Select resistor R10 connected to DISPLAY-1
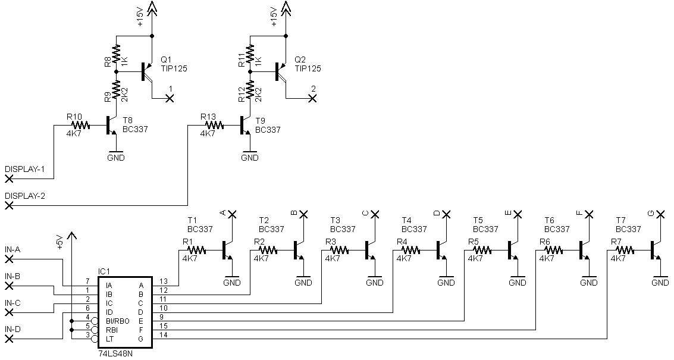[80, 125]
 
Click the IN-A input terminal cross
[9, 259]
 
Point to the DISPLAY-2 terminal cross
[9, 206]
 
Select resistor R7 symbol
[625, 250]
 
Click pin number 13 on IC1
[164, 281]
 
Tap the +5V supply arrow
[71, 236]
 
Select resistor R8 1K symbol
[115, 54]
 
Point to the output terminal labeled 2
[312, 99]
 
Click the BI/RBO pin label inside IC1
[117, 321]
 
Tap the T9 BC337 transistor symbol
[246, 126]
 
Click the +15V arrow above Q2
[286, 8]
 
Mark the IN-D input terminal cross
[9, 339]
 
